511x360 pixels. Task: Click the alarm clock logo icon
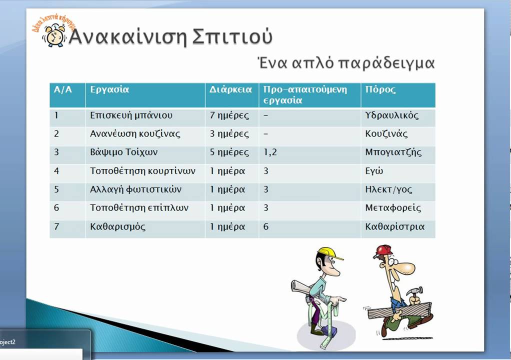53,36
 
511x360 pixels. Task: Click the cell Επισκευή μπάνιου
131,115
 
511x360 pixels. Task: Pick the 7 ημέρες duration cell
229,115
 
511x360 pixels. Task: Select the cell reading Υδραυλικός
391,115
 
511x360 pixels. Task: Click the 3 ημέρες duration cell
229,134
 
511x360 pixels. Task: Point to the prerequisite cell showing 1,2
270,152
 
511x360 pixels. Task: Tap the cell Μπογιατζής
393,152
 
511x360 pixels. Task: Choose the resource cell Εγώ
374,171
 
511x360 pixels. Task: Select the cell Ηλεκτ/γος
388,189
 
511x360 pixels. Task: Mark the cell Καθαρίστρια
394,226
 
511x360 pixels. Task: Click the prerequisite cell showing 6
266,226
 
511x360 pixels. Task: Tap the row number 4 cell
57,171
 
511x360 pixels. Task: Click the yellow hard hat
330,253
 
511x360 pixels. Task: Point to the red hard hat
383,250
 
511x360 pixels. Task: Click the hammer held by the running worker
416,292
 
